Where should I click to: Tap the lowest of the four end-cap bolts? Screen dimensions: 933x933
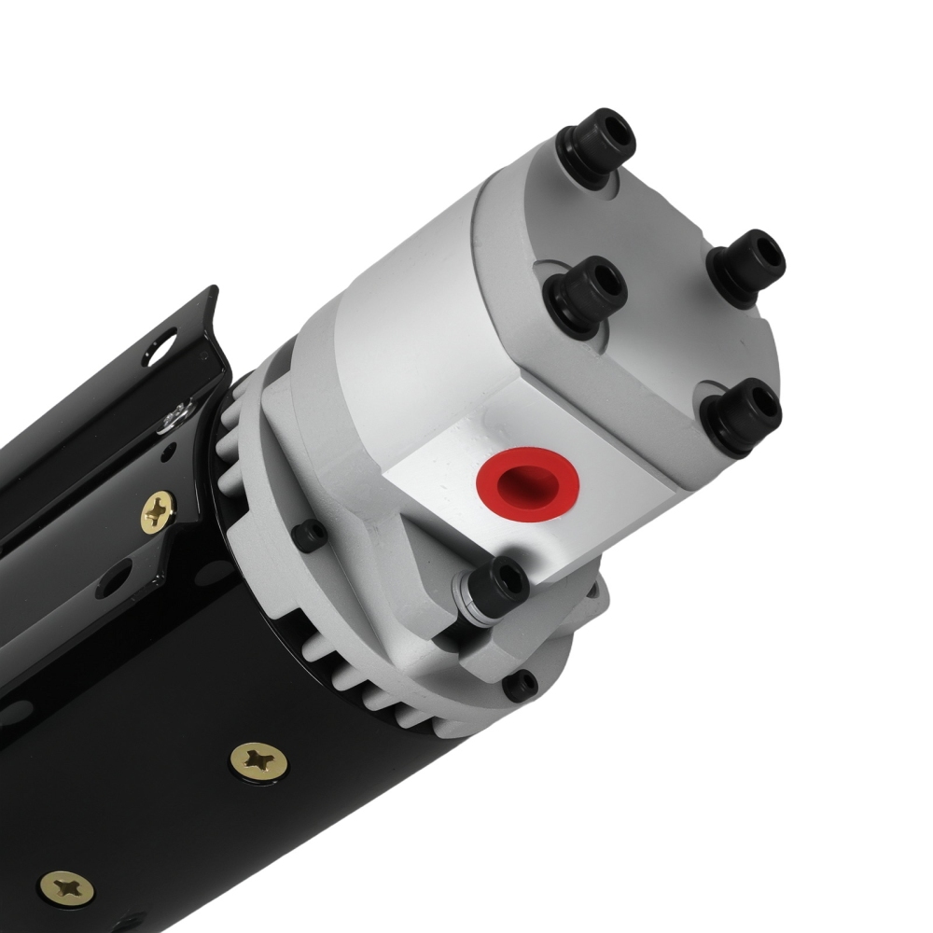(x=744, y=415)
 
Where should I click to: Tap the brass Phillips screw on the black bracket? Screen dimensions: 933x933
(x=160, y=511)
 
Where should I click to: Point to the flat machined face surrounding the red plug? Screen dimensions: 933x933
(x=448, y=485)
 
